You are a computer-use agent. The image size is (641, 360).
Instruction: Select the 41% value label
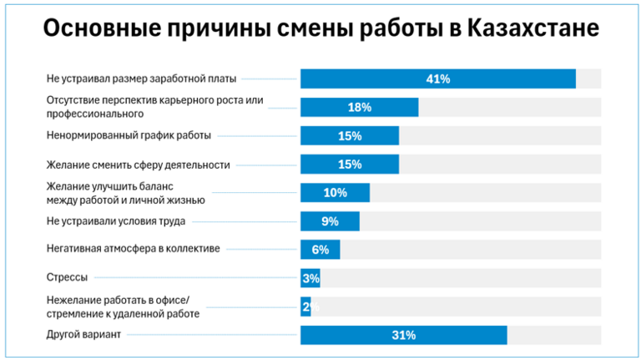click(x=438, y=79)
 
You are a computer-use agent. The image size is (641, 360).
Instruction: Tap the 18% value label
click(x=360, y=108)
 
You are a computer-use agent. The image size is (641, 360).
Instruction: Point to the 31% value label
click(x=404, y=335)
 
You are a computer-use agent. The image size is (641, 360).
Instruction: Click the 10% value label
click(x=336, y=193)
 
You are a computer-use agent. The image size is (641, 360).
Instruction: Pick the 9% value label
click(x=330, y=221)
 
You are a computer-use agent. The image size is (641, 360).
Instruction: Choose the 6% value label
click(x=320, y=250)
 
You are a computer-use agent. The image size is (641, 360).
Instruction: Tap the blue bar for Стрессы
click(x=310, y=278)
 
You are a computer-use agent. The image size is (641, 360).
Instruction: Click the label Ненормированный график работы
click(x=129, y=134)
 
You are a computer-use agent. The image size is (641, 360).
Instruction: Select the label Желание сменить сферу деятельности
click(x=138, y=165)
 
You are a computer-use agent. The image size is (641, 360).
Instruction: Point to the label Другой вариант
click(x=84, y=335)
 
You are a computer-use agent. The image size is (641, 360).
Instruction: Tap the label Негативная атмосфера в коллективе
click(x=134, y=249)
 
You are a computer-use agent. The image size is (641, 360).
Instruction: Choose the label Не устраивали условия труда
click(x=115, y=221)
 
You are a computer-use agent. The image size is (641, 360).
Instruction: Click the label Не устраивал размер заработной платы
click(x=141, y=79)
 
